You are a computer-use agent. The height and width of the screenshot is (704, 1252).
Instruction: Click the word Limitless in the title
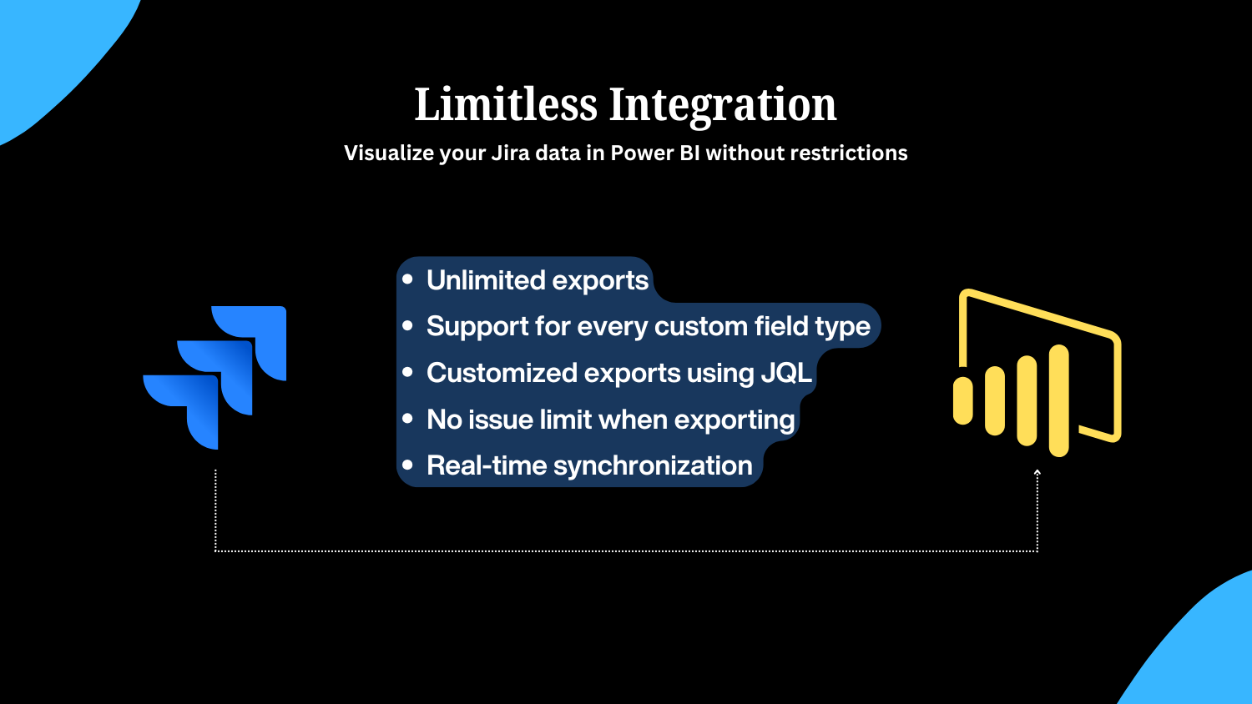(506, 104)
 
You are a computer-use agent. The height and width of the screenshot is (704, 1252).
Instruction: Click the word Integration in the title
(723, 107)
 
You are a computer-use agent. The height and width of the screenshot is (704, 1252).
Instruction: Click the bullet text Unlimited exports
(538, 280)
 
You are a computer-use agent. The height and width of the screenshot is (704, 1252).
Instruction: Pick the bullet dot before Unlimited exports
(407, 279)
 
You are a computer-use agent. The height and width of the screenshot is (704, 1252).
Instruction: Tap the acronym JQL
(786, 373)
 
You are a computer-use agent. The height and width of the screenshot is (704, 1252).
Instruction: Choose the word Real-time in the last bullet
(487, 465)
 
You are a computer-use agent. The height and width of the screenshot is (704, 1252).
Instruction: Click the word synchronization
(653, 466)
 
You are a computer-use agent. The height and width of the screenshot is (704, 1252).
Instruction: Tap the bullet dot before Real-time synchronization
(407, 465)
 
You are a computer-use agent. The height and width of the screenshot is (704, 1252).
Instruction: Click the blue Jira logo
(215, 378)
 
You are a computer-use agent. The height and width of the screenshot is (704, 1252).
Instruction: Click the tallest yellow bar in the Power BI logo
(1059, 400)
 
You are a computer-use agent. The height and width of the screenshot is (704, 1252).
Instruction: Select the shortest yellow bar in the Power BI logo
(963, 400)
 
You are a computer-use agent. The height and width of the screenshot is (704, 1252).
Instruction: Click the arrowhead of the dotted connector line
(1037, 473)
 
